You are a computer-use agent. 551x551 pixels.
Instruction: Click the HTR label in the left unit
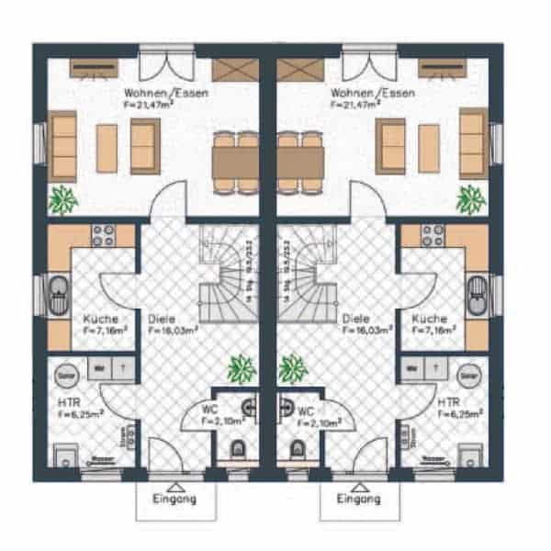[x=64, y=402]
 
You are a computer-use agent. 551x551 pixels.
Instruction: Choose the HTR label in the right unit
[x=449, y=402]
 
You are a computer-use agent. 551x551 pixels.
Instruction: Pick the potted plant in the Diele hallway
[x=241, y=368]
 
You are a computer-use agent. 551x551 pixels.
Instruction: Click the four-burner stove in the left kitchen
[x=102, y=234]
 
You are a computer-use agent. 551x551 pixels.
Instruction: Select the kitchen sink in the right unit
[x=477, y=292]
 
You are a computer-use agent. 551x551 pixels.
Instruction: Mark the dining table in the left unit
[x=235, y=163]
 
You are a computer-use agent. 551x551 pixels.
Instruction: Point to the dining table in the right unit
[x=300, y=163]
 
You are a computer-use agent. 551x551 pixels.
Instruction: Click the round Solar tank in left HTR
[x=66, y=375]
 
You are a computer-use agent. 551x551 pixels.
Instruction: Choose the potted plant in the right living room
[x=470, y=197]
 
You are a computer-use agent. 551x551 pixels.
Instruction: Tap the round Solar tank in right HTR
[x=469, y=375]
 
